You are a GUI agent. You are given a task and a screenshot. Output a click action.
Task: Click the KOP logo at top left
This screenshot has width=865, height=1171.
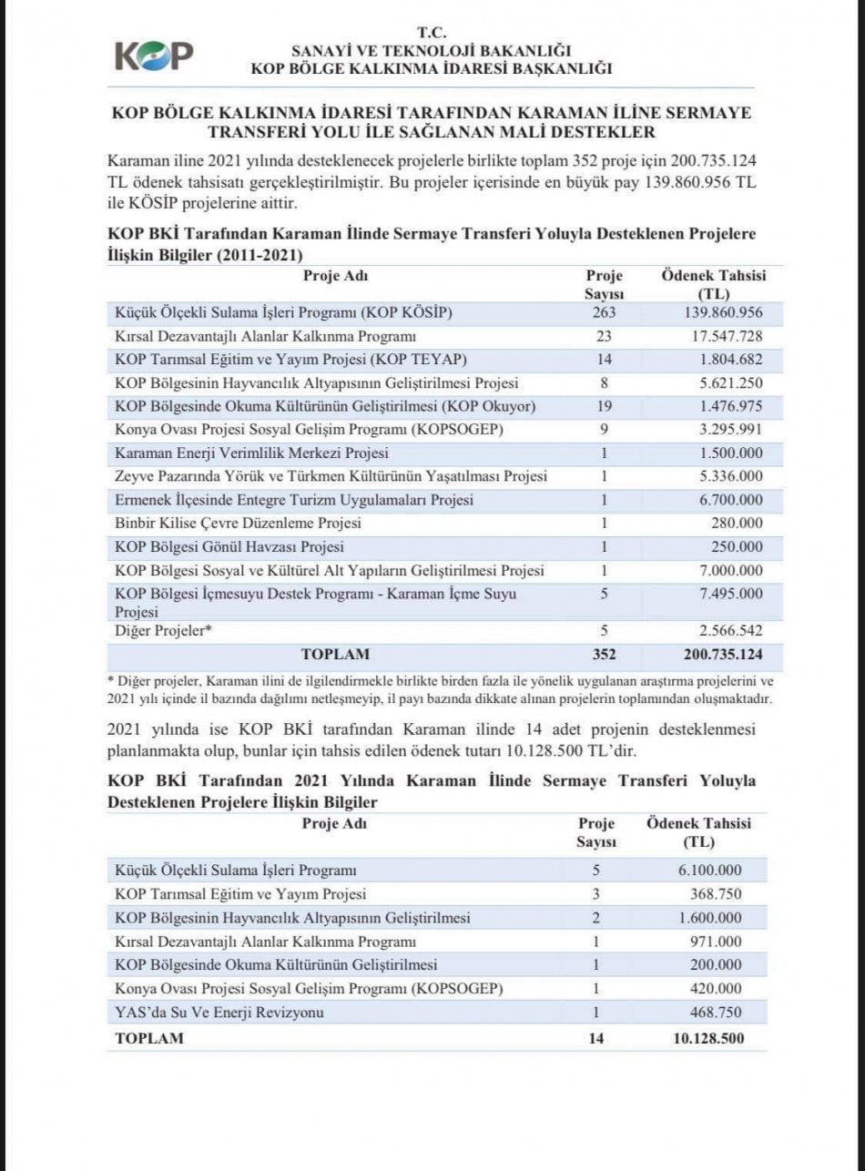point(154,56)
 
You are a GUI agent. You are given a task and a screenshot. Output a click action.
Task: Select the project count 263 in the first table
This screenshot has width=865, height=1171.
point(602,312)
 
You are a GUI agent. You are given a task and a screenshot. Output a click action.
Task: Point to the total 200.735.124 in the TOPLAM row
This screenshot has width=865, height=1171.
point(712,654)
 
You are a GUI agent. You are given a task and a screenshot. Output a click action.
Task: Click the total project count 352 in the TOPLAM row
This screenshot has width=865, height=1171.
point(602,654)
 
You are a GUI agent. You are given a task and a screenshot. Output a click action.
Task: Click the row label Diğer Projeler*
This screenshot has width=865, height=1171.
point(158,630)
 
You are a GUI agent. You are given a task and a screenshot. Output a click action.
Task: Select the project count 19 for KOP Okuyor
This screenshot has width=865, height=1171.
point(602,406)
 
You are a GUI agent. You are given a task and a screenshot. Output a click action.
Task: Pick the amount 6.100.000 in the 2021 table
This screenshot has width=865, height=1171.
point(709,870)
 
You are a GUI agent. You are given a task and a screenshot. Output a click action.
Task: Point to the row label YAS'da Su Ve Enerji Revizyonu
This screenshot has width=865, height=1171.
point(219,1013)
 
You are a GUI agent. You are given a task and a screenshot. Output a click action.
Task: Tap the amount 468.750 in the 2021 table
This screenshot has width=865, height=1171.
point(716,1013)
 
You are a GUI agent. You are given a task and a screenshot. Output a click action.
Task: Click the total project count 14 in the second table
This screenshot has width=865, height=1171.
point(596,1038)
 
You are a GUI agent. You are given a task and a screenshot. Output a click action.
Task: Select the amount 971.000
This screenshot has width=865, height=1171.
point(716,941)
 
